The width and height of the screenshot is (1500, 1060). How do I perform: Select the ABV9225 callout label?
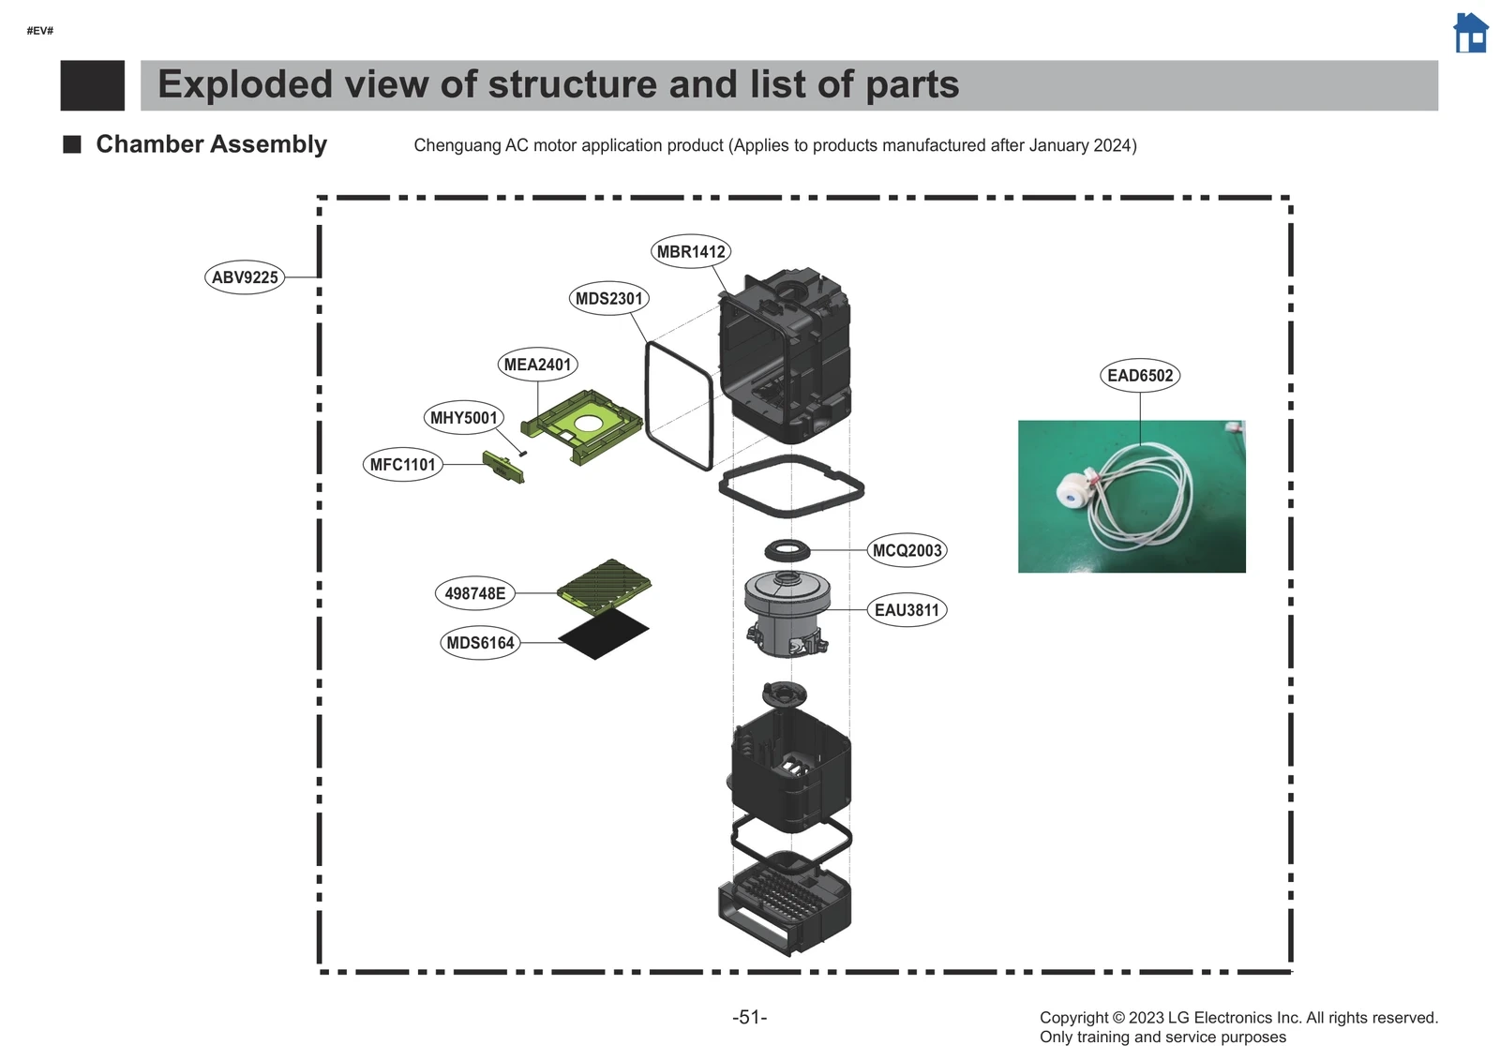click(x=245, y=277)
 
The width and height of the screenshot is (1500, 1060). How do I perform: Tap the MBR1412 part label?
click(x=691, y=251)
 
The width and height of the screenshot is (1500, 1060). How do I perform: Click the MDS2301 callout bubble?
click(x=608, y=298)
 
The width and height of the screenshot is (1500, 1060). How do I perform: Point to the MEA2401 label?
click(x=537, y=365)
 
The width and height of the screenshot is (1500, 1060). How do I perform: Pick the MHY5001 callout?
click(x=463, y=418)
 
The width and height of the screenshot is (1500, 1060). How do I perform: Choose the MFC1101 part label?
click(x=402, y=464)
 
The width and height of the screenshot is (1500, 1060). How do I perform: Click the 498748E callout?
click(x=474, y=593)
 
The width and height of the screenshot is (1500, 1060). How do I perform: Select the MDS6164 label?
click(x=480, y=643)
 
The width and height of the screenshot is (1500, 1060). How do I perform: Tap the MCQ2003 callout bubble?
click(x=907, y=550)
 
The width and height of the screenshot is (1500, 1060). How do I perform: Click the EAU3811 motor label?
click(x=907, y=610)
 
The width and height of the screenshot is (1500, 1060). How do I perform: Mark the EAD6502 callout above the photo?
click(x=1139, y=376)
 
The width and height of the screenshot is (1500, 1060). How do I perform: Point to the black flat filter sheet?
click(x=603, y=635)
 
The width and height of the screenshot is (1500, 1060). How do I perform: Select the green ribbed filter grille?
click(x=605, y=585)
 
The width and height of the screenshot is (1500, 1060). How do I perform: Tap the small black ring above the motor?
click(x=787, y=550)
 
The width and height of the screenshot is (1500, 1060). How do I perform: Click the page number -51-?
click(x=749, y=1017)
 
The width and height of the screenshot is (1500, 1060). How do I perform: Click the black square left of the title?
click(x=92, y=85)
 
